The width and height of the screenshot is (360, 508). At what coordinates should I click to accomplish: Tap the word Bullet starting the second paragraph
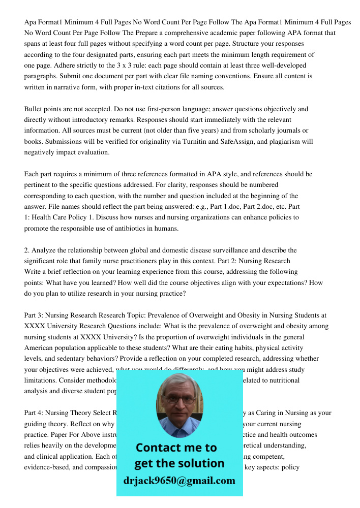tap(34, 109)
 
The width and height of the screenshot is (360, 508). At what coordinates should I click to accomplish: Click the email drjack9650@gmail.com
tap(179, 480)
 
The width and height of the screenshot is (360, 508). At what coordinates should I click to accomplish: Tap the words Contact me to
tap(176, 448)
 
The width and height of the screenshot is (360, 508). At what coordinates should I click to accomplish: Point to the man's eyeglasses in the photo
tap(179, 399)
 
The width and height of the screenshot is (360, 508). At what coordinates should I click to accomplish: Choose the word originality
tap(161, 141)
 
